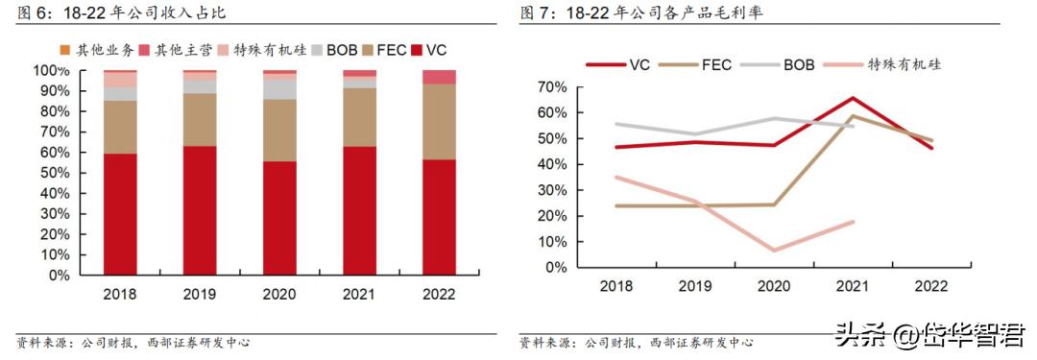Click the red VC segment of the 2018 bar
(121, 213)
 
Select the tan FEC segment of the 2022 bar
(439, 121)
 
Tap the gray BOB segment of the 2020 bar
(279, 87)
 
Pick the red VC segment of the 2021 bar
(359, 210)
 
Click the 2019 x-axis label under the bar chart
(200, 295)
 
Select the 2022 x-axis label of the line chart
(930, 286)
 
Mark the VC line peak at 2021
(852, 98)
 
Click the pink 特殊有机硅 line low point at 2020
(773, 251)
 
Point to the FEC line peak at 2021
(852, 116)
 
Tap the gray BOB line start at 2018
(615, 124)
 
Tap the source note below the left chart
(133, 343)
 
